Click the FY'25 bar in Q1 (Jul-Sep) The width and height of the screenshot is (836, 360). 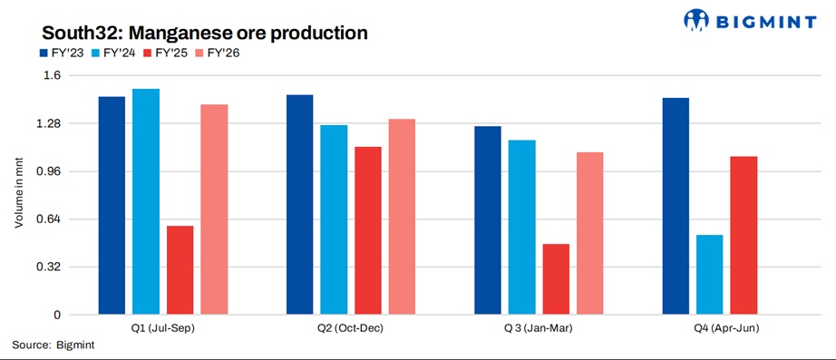click(x=180, y=270)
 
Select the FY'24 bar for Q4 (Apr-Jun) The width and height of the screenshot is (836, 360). click(x=710, y=275)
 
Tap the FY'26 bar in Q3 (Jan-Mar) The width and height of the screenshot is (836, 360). click(x=589, y=233)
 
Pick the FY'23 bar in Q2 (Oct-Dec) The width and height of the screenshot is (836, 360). click(x=299, y=204)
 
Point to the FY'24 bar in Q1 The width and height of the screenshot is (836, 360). click(x=146, y=201)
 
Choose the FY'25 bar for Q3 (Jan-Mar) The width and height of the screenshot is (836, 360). click(x=556, y=279)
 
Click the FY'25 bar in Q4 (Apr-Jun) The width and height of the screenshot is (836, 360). click(x=744, y=235)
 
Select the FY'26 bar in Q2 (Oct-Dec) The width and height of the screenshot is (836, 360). click(x=402, y=217)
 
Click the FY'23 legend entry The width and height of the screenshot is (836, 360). click(x=63, y=53)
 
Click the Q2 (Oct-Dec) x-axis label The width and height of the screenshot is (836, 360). click(x=351, y=329)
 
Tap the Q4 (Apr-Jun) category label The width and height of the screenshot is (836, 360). click(x=727, y=329)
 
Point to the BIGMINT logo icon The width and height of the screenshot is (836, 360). click(x=696, y=20)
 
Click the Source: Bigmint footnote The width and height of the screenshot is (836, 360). click(x=53, y=345)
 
